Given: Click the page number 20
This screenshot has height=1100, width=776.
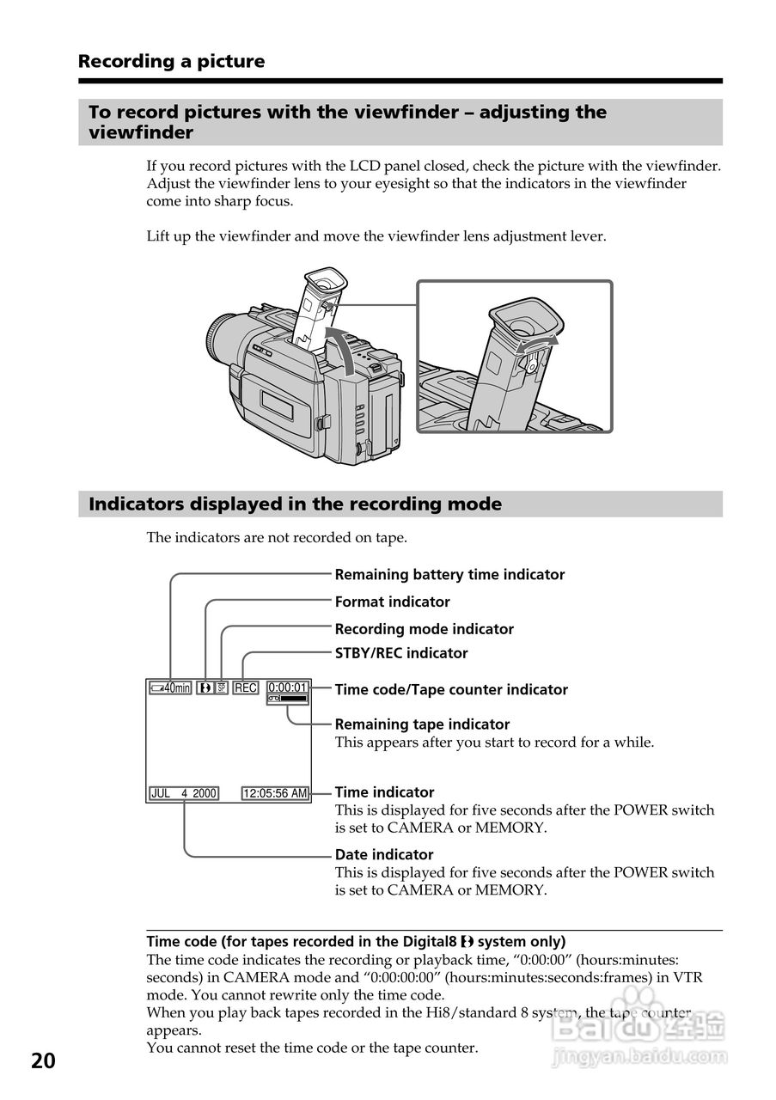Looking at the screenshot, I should pyautogui.click(x=43, y=1061).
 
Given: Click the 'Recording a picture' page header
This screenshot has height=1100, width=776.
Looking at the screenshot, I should pyautogui.click(x=171, y=62).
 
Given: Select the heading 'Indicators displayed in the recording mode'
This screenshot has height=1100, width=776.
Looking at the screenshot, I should pyautogui.click(x=295, y=504).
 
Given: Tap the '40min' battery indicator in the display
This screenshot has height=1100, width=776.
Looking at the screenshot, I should pyautogui.click(x=169, y=687).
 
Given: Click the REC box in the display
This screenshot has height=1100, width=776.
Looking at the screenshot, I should pyautogui.click(x=246, y=687).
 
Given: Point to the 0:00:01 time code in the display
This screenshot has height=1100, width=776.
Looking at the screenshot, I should pyautogui.click(x=288, y=687).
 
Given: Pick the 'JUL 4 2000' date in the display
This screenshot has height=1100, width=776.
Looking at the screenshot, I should pyautogui.click(x=184, y=793).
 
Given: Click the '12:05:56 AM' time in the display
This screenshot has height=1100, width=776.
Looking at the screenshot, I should pyautogui.click(x=275, y=793).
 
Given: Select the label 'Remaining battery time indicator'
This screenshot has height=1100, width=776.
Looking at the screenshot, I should pyautogui.click(x=449, y=575).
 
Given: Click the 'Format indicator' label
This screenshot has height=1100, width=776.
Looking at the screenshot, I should pyautogui.click(x=392, y=602).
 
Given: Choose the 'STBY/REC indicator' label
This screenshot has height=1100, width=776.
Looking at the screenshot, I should pyautogui.click(x=401, y=653).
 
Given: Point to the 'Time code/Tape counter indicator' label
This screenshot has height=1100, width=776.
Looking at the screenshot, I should pyautogui.click(x=451, y=690).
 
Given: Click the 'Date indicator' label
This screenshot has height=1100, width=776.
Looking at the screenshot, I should pyautogui.click(x=384, y=855).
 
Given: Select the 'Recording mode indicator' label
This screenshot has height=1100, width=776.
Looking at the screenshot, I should pyautogui.click(x=424, y=629).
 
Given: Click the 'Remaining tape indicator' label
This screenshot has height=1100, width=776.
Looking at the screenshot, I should pyautogui.click(x=422, y=724).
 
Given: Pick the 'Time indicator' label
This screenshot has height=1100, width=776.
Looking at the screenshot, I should pyautogui.click(x=384, y=792).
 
